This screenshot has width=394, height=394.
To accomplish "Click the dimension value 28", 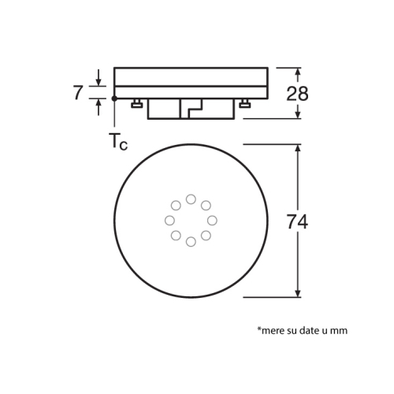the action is point(297,94).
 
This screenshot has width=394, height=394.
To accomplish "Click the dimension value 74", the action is point(297,222).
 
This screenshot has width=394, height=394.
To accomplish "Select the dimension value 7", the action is point(78,93).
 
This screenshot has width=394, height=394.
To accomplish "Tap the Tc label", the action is point(118,142).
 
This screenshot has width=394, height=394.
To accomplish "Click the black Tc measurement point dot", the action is point(114,98).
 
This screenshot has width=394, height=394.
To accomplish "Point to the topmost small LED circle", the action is point(191,199).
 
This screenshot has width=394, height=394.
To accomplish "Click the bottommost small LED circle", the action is point(191,242).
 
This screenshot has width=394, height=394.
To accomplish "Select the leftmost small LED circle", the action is point(169,221).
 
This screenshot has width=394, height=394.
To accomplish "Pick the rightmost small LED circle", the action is point(212,221).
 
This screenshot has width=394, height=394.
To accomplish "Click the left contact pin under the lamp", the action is point(137,103).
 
